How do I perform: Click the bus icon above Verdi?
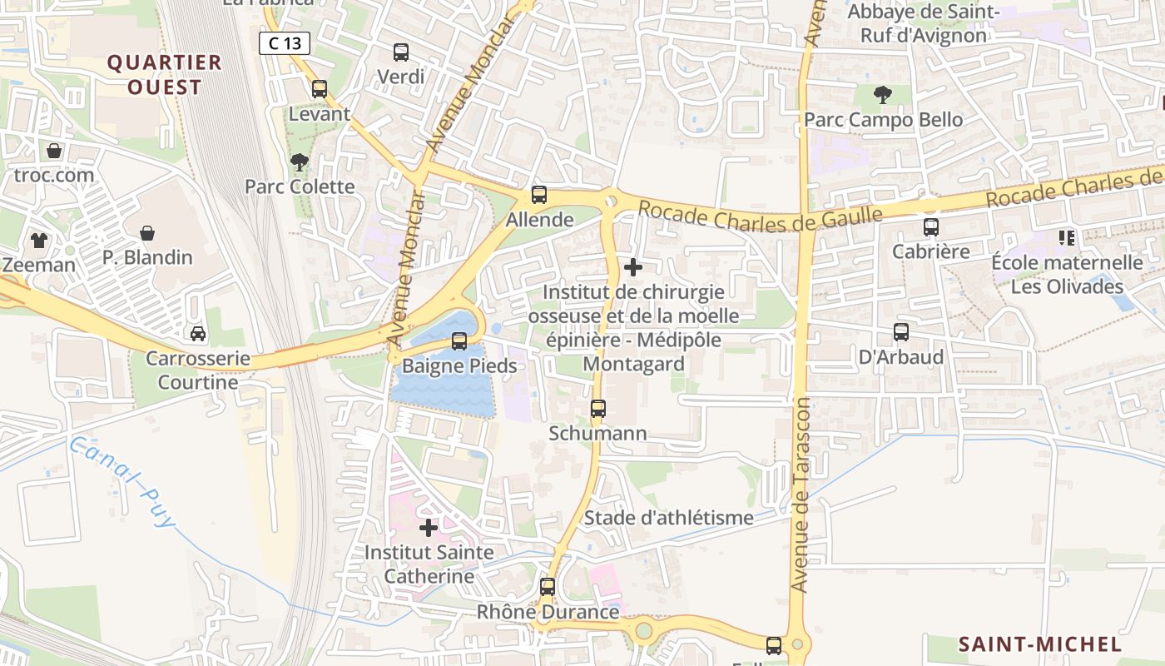coord(401,52)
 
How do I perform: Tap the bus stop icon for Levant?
coord(320,89)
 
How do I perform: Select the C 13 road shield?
coord(285,43)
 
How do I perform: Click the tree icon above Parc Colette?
coord(300,162)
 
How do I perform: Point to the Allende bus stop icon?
coord(539,195)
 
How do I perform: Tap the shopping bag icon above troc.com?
coord(54,151)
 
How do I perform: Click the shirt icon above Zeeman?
coord(39,241)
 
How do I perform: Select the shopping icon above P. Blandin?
coord(147,233)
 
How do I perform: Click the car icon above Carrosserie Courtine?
coord(198,334)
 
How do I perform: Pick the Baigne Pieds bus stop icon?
coord(459,341)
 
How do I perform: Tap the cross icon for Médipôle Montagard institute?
coord(633,267)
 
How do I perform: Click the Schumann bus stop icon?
coord(598,409)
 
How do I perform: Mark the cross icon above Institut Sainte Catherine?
coord(429,528)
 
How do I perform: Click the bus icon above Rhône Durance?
coord(548,587)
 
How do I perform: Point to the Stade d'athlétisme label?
coord(668,518)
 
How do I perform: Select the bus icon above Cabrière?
coord(931,226)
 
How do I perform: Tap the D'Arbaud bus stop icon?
coord(901,332)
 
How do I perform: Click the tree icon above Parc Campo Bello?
coord(883,95)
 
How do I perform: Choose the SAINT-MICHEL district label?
coord(1040,644)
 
